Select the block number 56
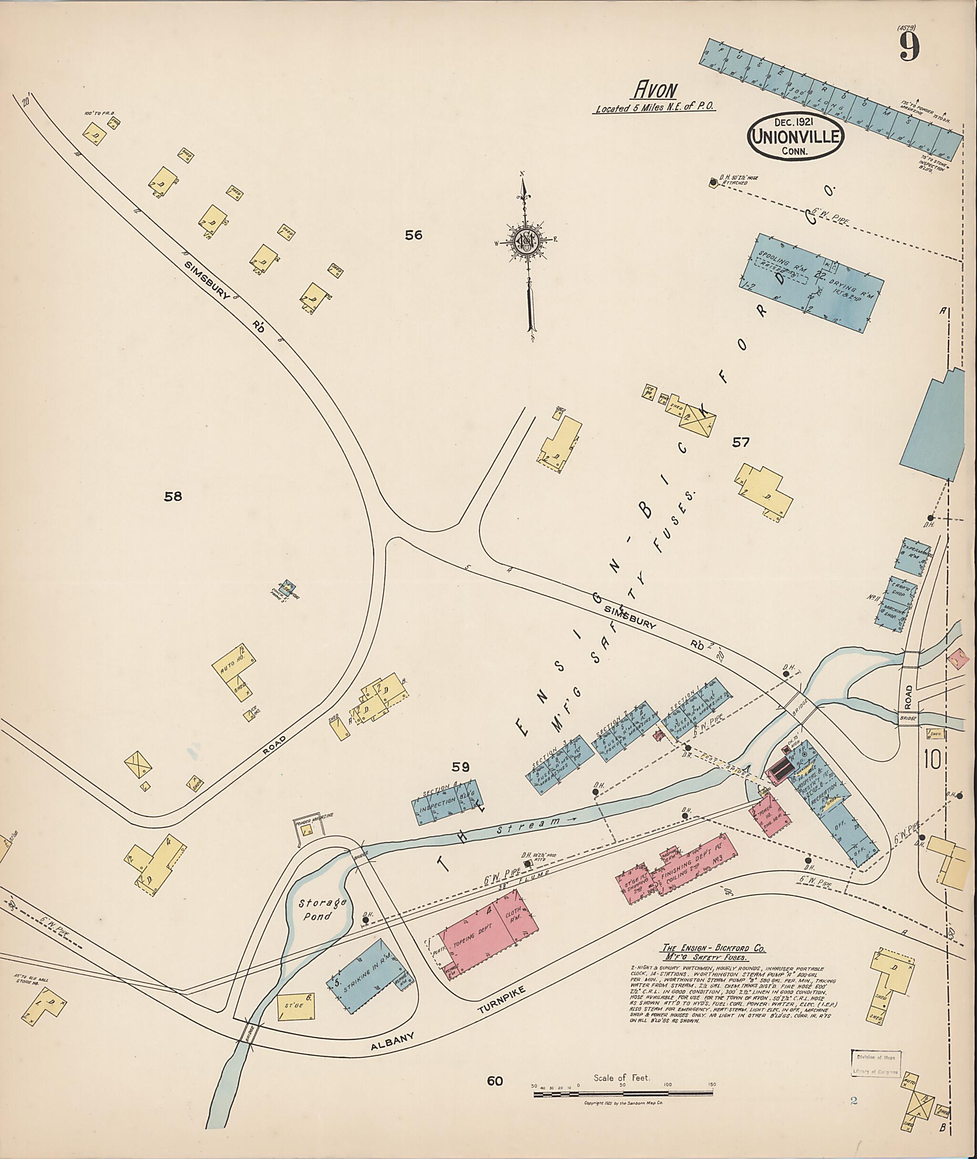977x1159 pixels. click(413, 235)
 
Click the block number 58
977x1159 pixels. click(173, 496)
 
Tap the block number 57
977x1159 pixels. click(740, 442)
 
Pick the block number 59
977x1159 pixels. click(460, 767)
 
